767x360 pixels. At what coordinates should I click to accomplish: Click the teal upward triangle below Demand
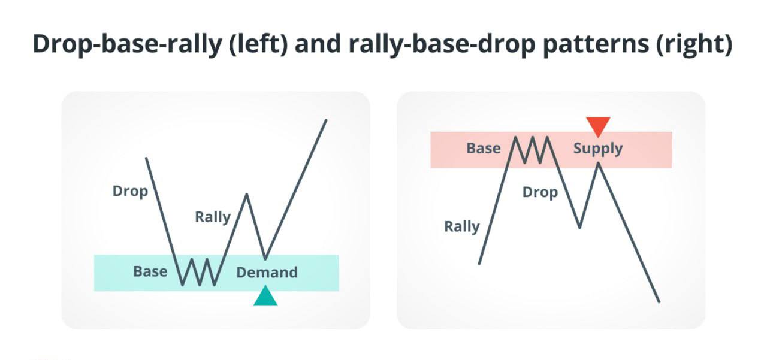coord(265,297)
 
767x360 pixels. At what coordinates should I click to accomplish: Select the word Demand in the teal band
coord(267,273)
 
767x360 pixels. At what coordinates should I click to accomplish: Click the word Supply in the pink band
coord(598,149)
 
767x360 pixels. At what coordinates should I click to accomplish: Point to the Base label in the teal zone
coord(150,271)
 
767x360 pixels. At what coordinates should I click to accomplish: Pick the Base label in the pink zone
coord(484,148)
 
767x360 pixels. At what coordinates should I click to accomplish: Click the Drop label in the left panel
coord(130,192)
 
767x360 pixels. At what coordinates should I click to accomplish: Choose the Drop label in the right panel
coord(540,193)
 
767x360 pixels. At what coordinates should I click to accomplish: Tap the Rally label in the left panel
coord(213,217)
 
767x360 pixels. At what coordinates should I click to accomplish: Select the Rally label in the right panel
coord(462,227)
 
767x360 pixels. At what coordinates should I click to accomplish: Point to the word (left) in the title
coord(258,44)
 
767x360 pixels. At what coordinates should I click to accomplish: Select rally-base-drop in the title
coord(442,45)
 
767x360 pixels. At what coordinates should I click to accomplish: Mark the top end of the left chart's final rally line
coord(327,120)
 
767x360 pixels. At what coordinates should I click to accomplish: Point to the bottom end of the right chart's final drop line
coord(660,302)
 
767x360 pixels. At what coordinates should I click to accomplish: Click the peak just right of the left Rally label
coord(246,194)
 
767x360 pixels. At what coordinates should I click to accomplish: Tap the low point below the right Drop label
coord(579,228)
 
